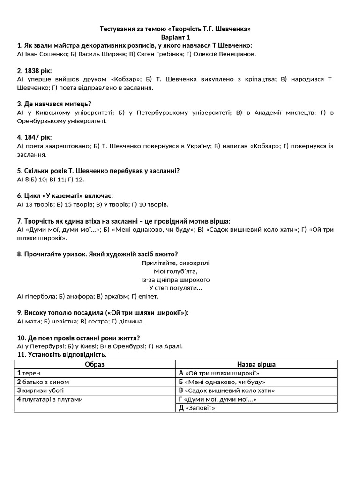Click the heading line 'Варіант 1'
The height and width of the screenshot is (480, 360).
click(x=175, y=37)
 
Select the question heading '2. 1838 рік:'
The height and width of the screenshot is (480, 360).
click(x=35, y=71)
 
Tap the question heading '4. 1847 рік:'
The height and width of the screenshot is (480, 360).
click(x=35, y=137)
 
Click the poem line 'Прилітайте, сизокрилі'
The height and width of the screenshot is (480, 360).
click(x=175, y=263)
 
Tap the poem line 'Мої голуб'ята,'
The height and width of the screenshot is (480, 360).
click(x=175, y=271)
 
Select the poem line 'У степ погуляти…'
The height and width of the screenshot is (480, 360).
click(x=175, y=288)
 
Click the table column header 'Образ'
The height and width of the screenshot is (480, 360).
click(x=95, y=364)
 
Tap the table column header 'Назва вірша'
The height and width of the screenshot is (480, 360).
click(x=256, y=364)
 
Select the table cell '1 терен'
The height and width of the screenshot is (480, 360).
click(x=29, y=373)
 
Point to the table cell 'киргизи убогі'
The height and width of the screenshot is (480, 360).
click(x=43, y=390)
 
